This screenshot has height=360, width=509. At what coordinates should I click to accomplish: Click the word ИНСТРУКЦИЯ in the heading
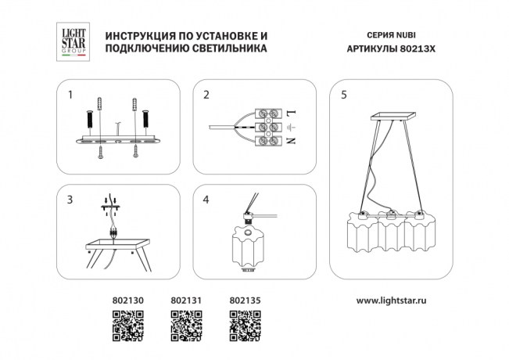coord(138,36)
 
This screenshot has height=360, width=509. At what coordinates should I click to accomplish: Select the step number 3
coord(70,200)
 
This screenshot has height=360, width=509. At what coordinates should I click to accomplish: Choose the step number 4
coord(206,200)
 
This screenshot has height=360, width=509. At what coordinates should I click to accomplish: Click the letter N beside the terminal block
coord(292,142)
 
